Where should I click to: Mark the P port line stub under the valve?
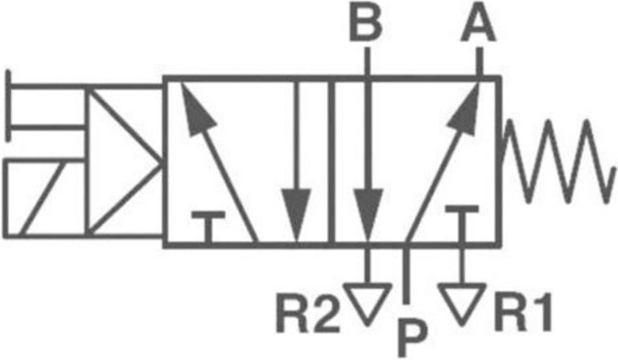[405, 274]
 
